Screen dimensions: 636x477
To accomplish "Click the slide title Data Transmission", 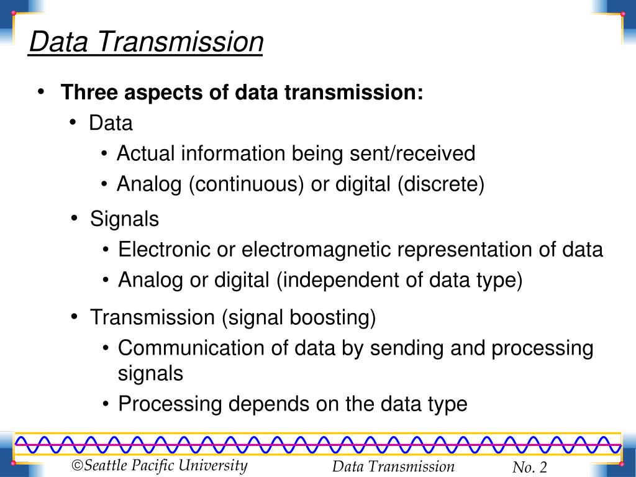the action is (x=146, y=42).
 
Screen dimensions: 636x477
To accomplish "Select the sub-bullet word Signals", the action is (x=124, y=219).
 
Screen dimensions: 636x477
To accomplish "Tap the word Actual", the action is (x=145, y=153).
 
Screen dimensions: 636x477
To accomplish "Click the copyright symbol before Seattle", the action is (x=77, y=466).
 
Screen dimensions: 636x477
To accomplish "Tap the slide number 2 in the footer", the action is (x=543, y=468).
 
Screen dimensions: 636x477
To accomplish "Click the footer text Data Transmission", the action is (x=393, y=467).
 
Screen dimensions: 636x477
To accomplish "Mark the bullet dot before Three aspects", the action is (x=40, y=92).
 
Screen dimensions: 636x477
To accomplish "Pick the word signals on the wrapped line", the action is (x=150, y=374).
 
